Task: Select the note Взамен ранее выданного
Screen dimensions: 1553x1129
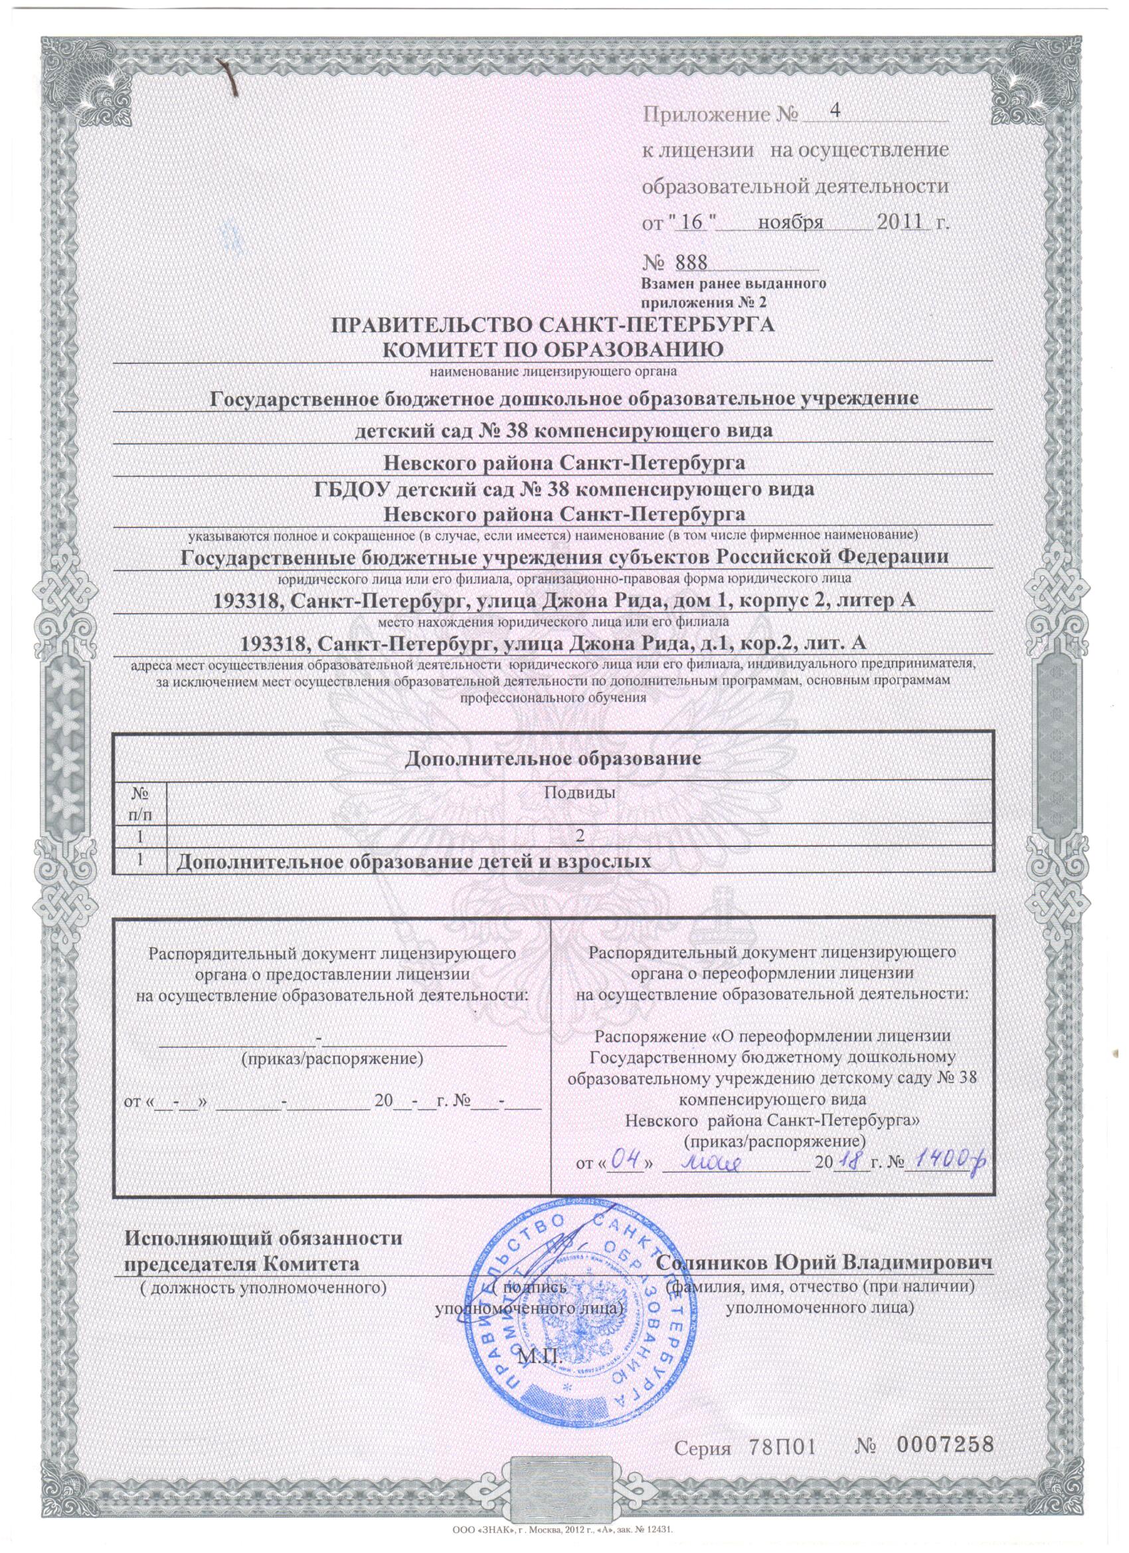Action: click(x=732, y=283)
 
